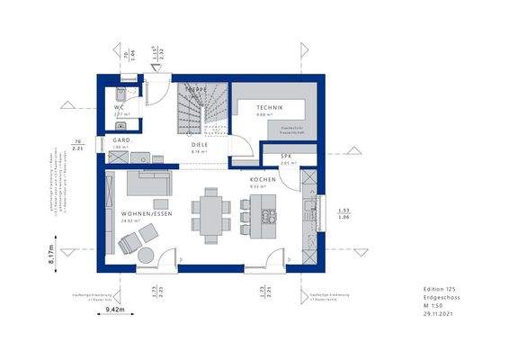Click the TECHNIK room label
click(270, 108)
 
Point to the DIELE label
click(200, 144)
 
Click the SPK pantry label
click(286, 156)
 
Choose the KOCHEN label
click(263, 180)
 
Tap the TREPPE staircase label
click(196, 90)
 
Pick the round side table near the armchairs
click(145, 256)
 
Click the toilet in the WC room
click(121, 94)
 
